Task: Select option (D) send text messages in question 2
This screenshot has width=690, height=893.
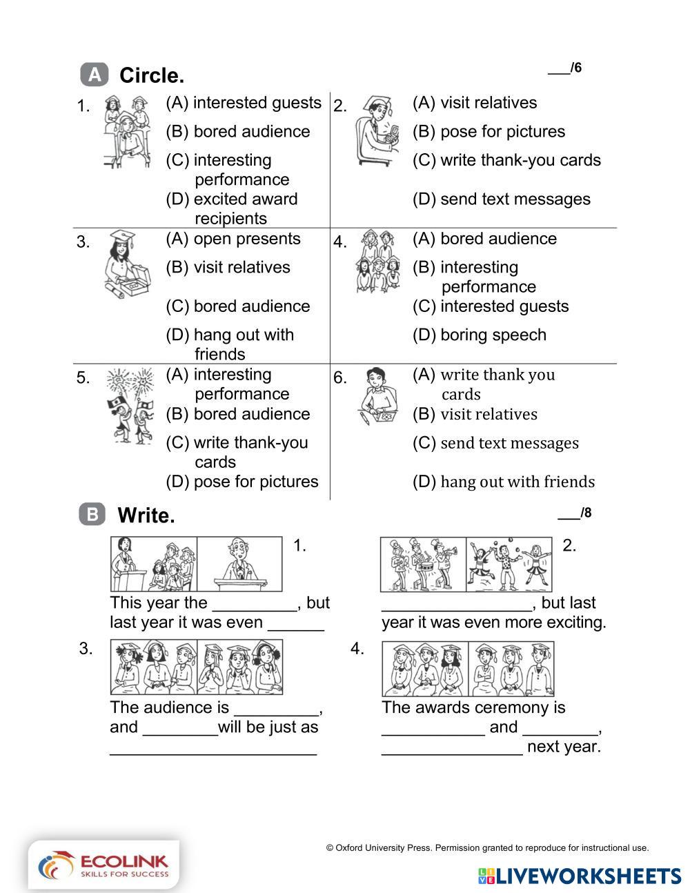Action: [x=502, y=199]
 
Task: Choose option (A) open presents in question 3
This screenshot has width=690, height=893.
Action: [x=233, y=239]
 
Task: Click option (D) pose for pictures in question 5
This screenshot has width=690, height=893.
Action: [x=242, y=482]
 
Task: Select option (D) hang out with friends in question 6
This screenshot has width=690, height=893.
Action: [x=504, y=482]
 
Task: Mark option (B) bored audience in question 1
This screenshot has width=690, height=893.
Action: [x=238, y=132]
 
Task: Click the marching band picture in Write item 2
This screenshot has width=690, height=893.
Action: [x=423, y=565]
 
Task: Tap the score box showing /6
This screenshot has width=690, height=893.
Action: [x=564, y=68]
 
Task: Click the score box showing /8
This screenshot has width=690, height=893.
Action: [x=574, y=513]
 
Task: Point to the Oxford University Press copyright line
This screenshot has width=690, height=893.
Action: [x=487, y=848]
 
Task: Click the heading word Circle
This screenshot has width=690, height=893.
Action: [x=152, y=75]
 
